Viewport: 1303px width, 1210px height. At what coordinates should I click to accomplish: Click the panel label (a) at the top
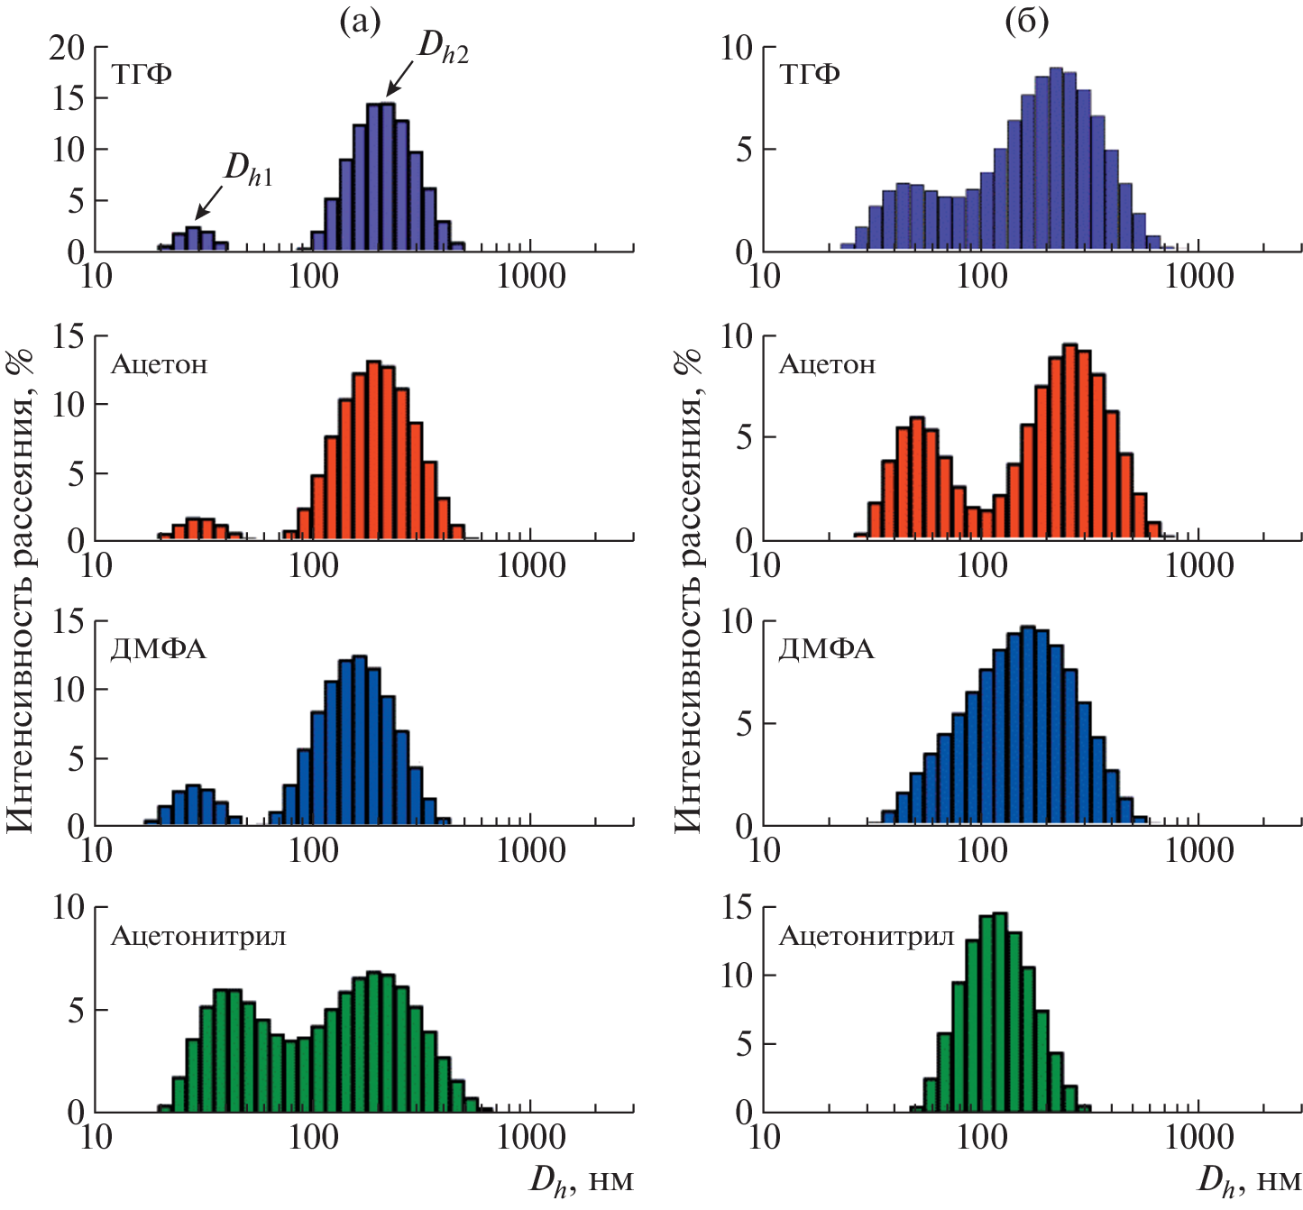pos(359,22)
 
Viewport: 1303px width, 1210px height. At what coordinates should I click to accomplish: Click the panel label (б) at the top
pos(1026,22)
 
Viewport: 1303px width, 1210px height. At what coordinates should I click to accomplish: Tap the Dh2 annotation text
pos(443,48)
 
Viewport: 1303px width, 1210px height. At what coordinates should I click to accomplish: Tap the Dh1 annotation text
pos(248,169)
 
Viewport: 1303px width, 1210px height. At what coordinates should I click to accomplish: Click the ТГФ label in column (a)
pos(142,74)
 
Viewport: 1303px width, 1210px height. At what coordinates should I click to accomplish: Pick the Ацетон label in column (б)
pos(827,364)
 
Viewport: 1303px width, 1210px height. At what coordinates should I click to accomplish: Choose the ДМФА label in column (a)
pos(159,649)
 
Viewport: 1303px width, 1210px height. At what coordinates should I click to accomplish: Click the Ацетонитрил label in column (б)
pos(866,936)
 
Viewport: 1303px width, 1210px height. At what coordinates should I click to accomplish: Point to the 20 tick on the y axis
pos(67,47)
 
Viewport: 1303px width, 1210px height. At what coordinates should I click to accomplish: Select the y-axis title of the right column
pos(688,586)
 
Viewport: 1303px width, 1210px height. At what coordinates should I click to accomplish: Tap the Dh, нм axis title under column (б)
pos(1249,1181)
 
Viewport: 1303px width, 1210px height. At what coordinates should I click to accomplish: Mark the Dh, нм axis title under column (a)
pos(582,1181)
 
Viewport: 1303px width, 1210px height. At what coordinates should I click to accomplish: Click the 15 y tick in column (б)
pos(737,907)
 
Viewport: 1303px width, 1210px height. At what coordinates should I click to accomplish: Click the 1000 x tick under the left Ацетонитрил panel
pos(532,1138)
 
